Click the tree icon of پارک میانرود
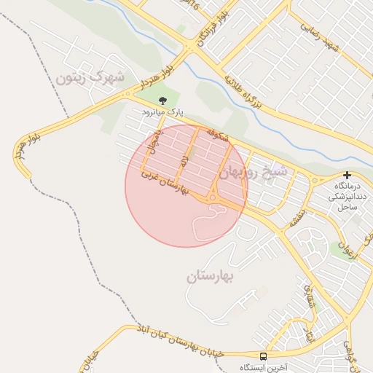click(x=162, y=102)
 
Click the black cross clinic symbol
click(x=347, y=176)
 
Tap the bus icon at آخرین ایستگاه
click(x=263, y=356)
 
